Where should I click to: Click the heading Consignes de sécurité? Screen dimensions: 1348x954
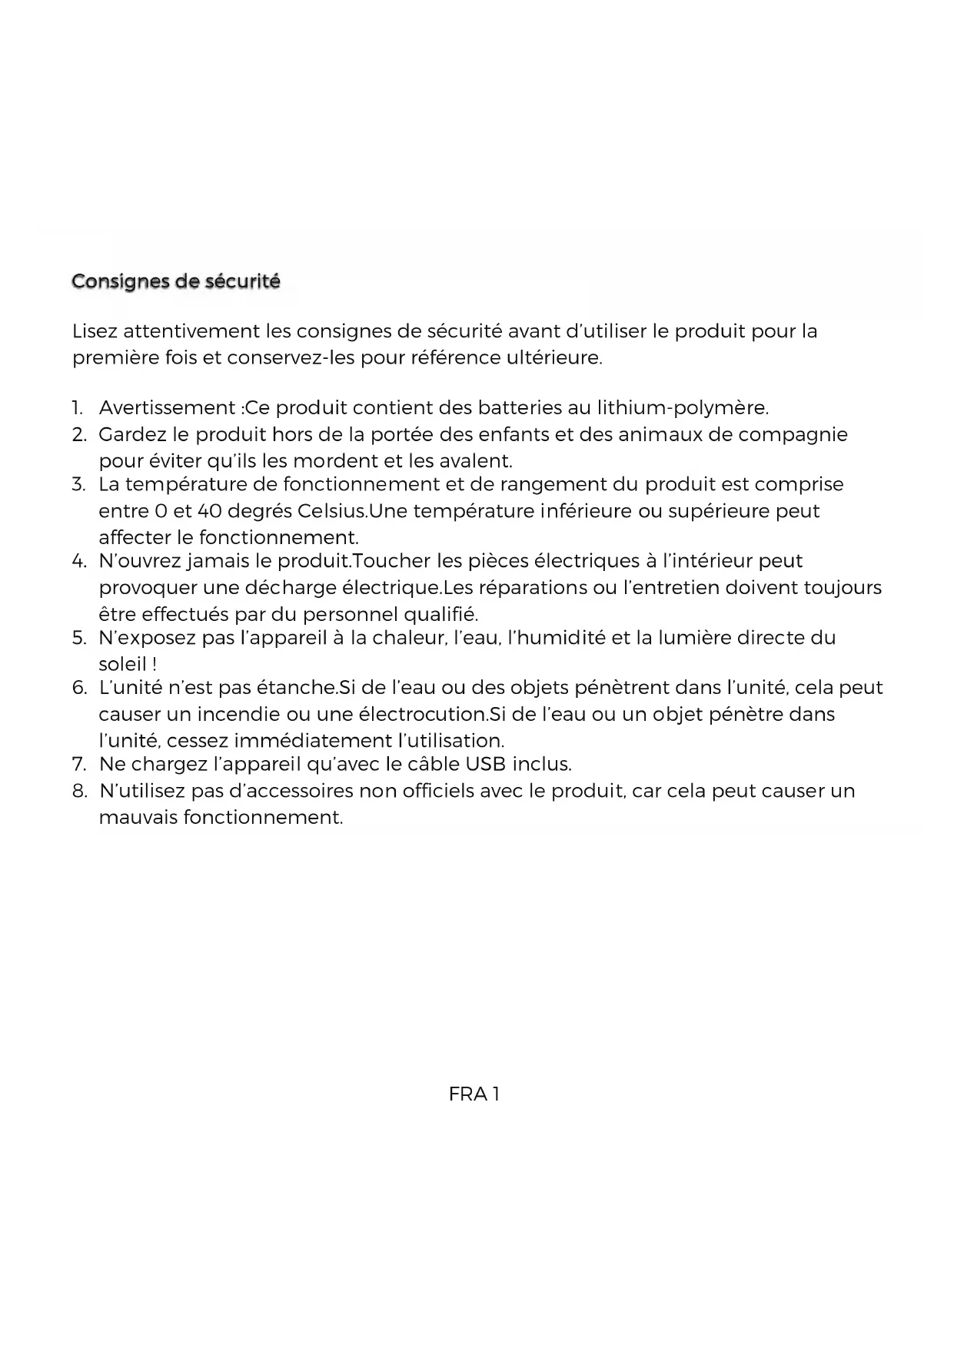tap(176, 282)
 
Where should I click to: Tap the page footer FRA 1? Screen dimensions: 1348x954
tap(474, 1094)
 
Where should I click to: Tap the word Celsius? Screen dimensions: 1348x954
tap(330, 512)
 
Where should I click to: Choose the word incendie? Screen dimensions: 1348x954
tap(238, 715)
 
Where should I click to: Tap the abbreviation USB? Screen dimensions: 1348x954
tap(486, 765)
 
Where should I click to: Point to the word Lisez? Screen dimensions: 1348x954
tap(95, 332)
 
